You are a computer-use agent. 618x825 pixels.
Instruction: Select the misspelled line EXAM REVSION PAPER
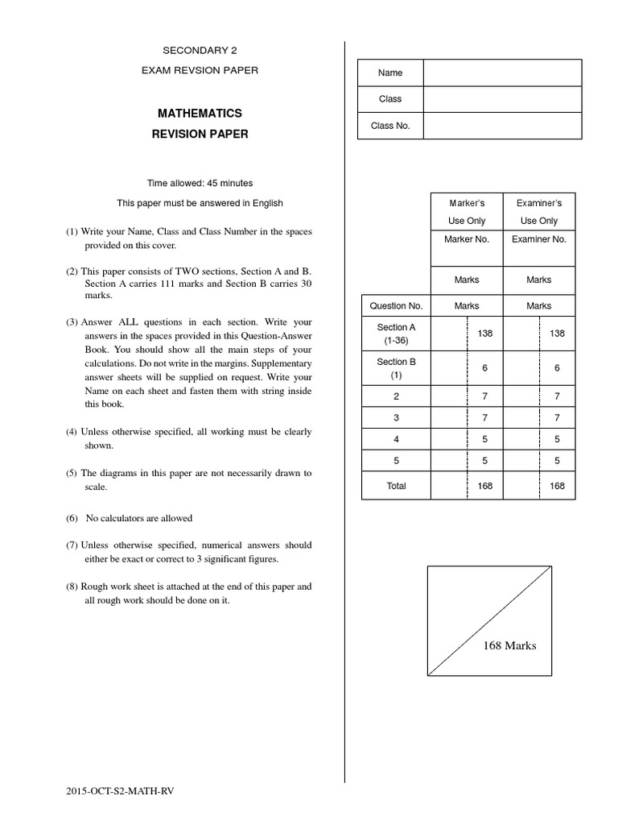click(200, 71)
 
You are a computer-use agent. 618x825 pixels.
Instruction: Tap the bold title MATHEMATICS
click(200, 114)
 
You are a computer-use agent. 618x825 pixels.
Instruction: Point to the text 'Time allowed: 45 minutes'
click(200, 184)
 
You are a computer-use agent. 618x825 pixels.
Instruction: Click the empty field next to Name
click(501, 73)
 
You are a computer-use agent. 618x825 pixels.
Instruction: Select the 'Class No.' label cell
click(390, 126)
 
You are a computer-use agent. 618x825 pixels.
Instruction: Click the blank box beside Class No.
click(501, 126)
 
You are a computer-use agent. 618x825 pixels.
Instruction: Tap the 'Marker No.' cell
click(466, 239)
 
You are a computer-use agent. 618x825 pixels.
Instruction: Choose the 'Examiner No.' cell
click(538, 239)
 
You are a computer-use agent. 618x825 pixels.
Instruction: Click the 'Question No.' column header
click(396, 306)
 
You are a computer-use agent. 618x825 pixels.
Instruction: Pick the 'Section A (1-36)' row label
click(396, 334)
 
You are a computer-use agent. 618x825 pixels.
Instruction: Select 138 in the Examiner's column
click(557, 333)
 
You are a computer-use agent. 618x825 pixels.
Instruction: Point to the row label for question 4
click(396, 440)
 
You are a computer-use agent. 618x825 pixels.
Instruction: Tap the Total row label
click(396, 486)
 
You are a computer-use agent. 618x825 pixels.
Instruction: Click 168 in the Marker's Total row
click(485, 486)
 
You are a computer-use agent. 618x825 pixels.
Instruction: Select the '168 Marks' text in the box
click(509, 645)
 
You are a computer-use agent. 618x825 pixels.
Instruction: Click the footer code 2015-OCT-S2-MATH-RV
click(120, 791)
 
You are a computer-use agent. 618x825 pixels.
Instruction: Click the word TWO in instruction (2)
click(183, 272)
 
